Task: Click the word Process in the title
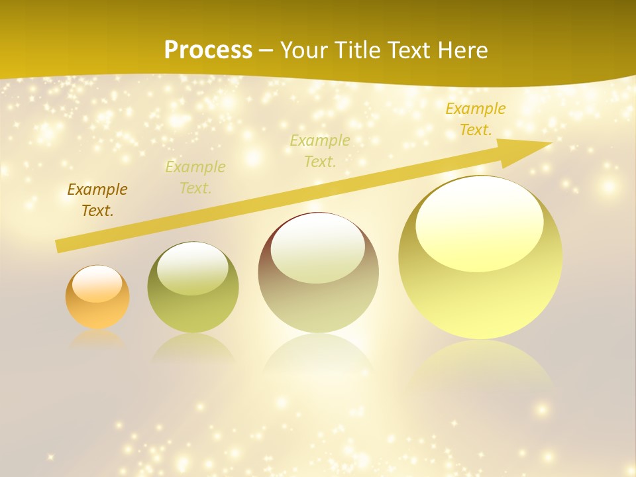pos(208,50)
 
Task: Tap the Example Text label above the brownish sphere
pos(320,150)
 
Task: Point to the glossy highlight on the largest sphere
pos(479,225)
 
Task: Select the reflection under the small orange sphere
pos(97,339)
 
